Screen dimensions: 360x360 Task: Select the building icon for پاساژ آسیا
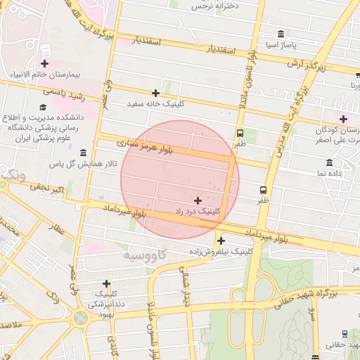tap(281, 34)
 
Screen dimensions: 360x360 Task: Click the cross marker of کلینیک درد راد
tap(198, 200)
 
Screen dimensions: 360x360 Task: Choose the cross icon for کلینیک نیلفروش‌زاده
tap(221, 240)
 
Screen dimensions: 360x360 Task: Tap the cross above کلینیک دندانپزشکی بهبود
tap(106, 283)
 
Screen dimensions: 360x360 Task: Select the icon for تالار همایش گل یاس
tap(83, 153)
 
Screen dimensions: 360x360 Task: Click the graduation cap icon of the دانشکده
tap(44, 108)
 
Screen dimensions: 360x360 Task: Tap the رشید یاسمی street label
tap(63, 91)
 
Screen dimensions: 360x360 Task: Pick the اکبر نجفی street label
tap(46, 189)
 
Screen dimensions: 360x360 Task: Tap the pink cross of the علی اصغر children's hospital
tap(343, 118)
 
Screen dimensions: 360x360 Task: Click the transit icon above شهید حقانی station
tap(345, 333)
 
